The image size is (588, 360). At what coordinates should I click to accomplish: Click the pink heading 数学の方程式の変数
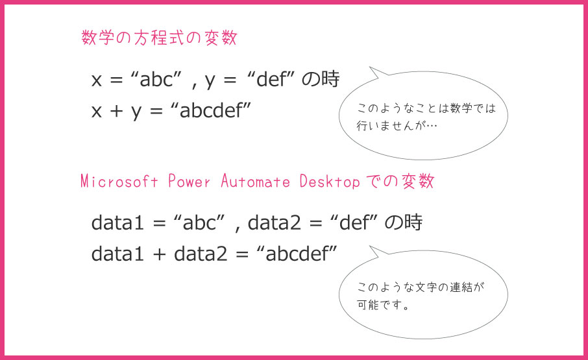tap(159, 38)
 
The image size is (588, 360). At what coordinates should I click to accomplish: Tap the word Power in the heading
tap(190, 182)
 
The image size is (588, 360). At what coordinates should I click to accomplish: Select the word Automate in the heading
tap(256, 182)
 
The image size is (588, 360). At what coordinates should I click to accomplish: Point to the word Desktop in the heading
tap(329, 182)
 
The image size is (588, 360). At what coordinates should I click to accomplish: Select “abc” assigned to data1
tap(199, 223)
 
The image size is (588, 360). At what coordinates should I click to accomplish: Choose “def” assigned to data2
tap(353, 223)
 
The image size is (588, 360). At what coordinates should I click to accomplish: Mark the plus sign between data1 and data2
tap(160, 254)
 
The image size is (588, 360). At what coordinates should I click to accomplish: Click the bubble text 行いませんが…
tap(397, 125)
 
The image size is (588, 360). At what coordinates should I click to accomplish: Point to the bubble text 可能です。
tap(383, 303)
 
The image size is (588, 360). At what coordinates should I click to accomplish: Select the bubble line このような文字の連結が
tap(421, 286)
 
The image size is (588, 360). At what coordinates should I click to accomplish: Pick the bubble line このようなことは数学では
tap(426, 108)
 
